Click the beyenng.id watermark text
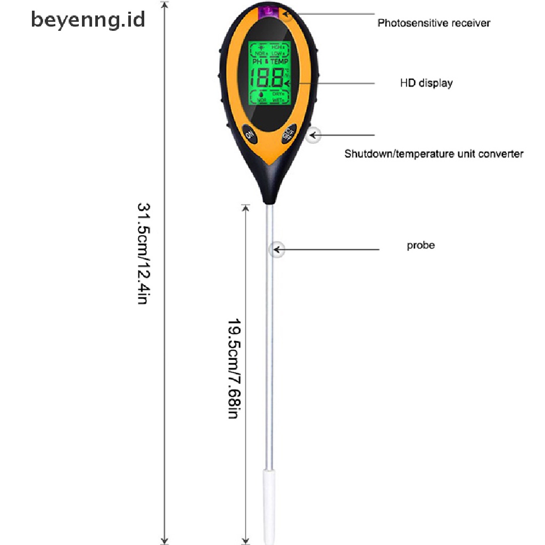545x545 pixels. click(x=88, y=20)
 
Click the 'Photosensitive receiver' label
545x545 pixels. click(x=433, y=23)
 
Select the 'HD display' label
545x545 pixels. click(x=426, y=83)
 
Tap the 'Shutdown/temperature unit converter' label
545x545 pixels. click(x=433, y=154)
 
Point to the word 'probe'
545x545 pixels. click(x=420, y=245)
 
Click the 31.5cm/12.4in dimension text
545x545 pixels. click(x=143, y=253)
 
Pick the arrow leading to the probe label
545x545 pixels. click(x=330, y=249)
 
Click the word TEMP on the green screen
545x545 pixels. click(x=278, y=62)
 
